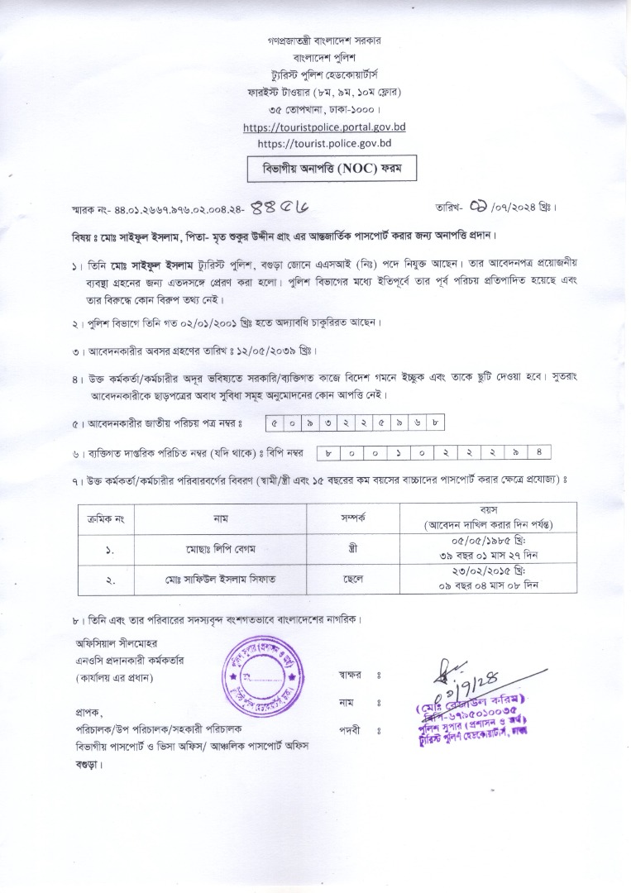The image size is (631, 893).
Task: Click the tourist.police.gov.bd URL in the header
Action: tap(324, 142)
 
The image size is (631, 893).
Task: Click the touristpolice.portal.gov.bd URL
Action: tap(324, 127)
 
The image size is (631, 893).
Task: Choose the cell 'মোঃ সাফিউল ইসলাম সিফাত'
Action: tap(219, 580)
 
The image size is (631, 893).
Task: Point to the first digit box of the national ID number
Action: tap(274, 424)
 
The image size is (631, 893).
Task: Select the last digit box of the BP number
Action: tap(538, 452)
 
